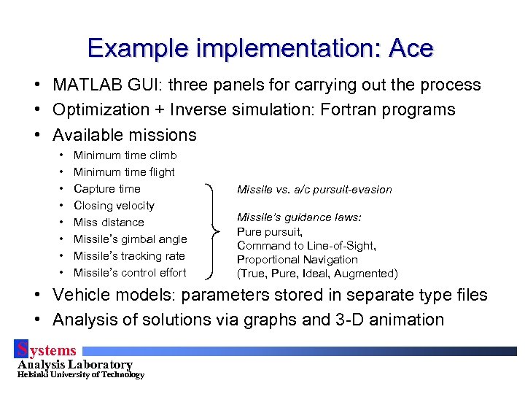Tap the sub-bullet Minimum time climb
point(125,155)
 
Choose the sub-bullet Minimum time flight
point(124,171)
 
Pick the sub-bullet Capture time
point(107,188)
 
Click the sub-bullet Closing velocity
point(114,205)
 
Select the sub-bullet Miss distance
point(109,222)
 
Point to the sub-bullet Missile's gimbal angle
point(130,239)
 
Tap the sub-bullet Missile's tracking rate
point(129,255)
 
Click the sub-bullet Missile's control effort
point(130,272)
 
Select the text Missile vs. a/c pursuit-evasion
point(314,190)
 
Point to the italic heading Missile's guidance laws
point(299,217)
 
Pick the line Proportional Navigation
point(297,259)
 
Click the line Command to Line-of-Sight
point(306,245)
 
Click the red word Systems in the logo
point(47,351)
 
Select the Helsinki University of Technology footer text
point(80,375)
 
